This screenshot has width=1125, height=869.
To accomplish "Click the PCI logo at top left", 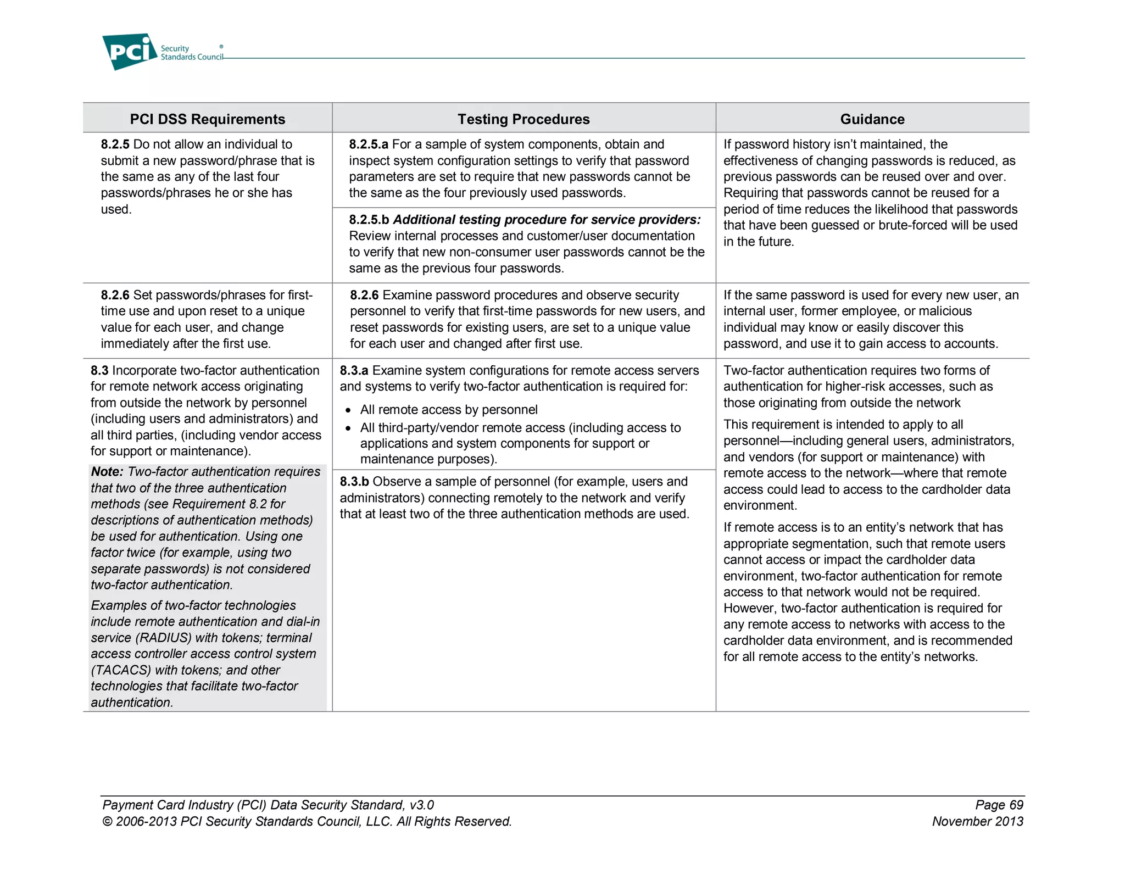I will click(x=130, y=52).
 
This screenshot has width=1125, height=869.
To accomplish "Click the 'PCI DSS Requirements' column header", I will click(x=207, y=119).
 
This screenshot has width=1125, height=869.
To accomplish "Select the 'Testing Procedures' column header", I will click(x=523, y=119).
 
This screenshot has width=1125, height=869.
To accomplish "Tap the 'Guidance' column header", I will click(x=872, y=119).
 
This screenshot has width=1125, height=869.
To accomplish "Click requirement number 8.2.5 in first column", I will click(x=115, y=144).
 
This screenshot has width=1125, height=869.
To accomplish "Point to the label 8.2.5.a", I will click(x=369, y=144).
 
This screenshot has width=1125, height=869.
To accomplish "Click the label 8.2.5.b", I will click(x=369, y=220).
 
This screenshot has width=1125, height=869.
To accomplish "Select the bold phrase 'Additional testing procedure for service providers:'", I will click(x=547, y=220).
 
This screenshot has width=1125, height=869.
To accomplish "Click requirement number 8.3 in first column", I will click(x=99, y=371).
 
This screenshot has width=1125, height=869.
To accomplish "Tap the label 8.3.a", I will click(x=354, y=371).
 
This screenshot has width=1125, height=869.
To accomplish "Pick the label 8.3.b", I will click(x=354, y=482).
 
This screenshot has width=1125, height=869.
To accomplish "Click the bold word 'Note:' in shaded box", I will click(x=108, y=472).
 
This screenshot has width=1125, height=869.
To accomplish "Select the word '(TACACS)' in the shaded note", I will click(x=121, y=671).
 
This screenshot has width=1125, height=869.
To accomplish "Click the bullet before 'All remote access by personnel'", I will click(x=348, y=411).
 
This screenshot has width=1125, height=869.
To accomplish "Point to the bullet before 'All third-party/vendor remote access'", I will click(x=348, y=428).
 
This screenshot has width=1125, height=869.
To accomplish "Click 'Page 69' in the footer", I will click(x=999, y=805).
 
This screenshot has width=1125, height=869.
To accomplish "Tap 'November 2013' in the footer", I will click(x=977, y=822).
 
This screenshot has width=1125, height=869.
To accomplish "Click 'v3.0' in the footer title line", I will click(x=421, y=805).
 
